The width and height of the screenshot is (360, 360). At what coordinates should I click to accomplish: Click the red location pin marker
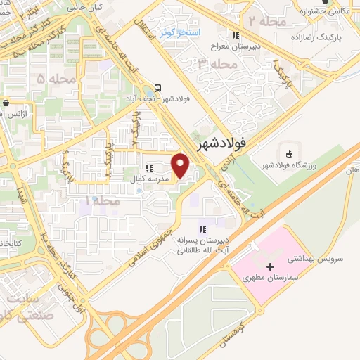click(181, 165)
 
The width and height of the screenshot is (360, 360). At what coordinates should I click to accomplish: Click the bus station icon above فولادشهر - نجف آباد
click(157, 89)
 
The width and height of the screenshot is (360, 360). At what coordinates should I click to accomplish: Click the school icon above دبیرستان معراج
click(236, 35)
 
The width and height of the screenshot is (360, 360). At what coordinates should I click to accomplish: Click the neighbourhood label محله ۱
click(103, 201)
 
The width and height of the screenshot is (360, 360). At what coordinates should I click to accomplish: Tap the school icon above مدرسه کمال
click(148, 168)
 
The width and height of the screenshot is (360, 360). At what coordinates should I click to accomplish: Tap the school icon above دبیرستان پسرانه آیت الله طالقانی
click(202, 229)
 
